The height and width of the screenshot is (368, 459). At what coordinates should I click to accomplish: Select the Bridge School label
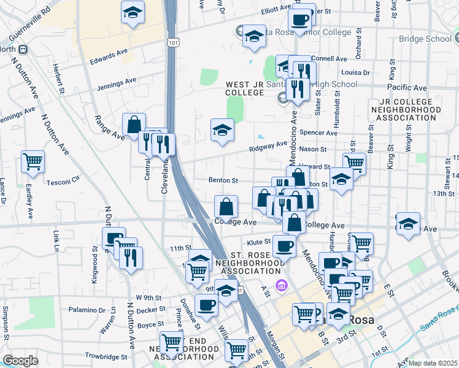click(425, 39)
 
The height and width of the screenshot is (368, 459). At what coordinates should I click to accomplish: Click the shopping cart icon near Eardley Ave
click(33, 162)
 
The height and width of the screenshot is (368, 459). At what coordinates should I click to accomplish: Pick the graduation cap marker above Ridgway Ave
click(222, 129)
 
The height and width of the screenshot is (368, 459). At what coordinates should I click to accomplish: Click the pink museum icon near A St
click(282, 285)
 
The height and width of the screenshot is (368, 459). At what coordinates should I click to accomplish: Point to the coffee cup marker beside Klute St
click(283, 247)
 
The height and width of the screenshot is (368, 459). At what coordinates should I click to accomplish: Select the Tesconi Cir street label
click(63, 182)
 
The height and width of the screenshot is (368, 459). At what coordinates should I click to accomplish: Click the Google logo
click(20, 361)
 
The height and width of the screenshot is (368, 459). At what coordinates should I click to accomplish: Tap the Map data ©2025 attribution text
click(433, 363)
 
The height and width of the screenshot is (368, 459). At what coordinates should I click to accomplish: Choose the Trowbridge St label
click(106, 356)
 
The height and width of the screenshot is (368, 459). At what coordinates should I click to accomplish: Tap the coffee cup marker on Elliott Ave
click(299, 20)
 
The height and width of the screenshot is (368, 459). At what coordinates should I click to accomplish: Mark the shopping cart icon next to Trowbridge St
click(171, 342)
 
